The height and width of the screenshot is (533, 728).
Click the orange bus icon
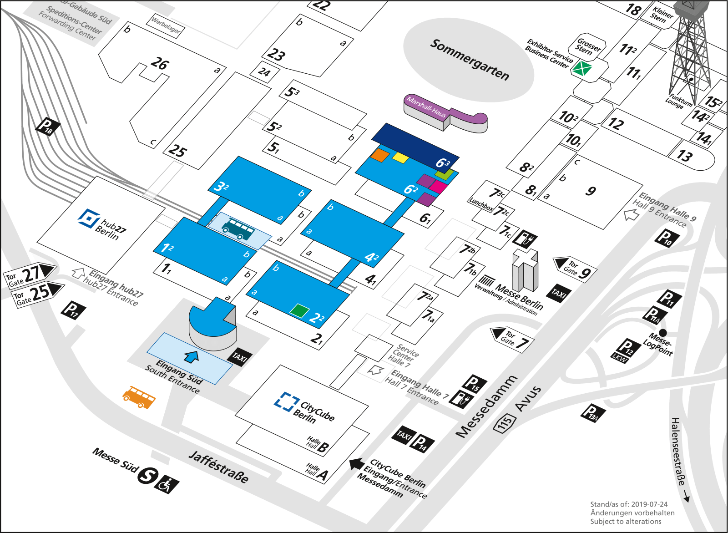[x=139, y=397]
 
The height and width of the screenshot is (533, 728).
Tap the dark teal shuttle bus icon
[x=238, y=229]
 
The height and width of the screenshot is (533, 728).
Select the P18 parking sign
[x=48, y=127]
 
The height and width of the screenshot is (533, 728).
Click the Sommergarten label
[x=470, y=60]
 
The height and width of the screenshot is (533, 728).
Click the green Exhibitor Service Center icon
[x=581, y=69]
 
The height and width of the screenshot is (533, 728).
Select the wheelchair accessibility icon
[x=167, y=485]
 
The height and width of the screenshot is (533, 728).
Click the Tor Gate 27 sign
[x=30, y=275]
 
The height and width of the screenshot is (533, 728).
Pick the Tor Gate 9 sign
[x=575, y=269]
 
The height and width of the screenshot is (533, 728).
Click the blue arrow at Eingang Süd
[x=192, y=356]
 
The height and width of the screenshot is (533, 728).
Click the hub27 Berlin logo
[x=89, y=218]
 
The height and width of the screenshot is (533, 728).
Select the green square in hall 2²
[x=299, y=311]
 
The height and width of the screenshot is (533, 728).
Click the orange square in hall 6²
[x=379, y=155]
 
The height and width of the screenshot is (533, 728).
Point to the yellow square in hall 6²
[x=400, y=157]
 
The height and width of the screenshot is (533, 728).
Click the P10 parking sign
[x=667, y=238]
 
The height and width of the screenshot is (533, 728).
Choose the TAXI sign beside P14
[x=404, y=435]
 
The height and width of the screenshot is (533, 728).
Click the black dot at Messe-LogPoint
[x=663, y=333]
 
